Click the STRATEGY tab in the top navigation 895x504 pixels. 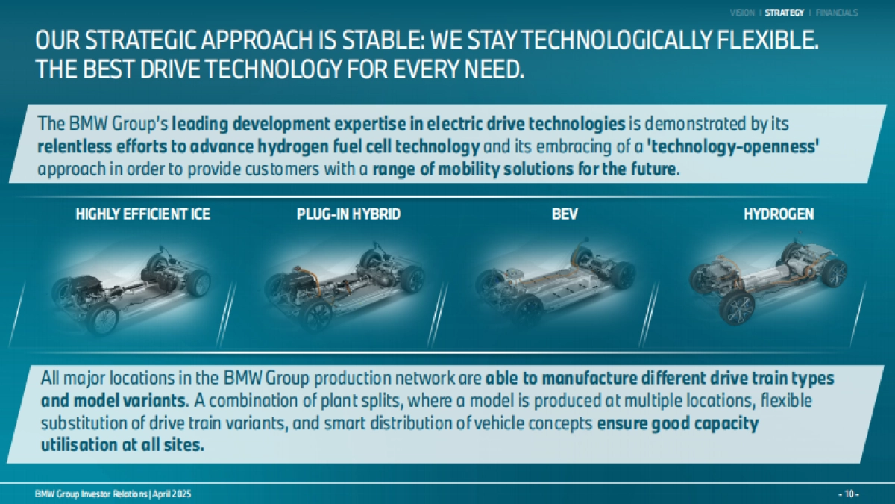[x=785, y=13]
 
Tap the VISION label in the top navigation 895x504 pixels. [x=742, y=13]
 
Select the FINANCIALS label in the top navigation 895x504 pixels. [x=837, y=13]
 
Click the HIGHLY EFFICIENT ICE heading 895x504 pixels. [x=142, y=214]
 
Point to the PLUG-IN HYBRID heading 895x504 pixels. [x=348, y=214]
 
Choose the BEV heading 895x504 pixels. [x=565, y=214]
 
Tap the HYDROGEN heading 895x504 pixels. [x=779, y=214]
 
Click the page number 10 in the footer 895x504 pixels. [x=849, y=494]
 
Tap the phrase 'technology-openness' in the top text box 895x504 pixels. [x=732, y=147]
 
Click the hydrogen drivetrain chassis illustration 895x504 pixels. [x=768, y=280]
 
